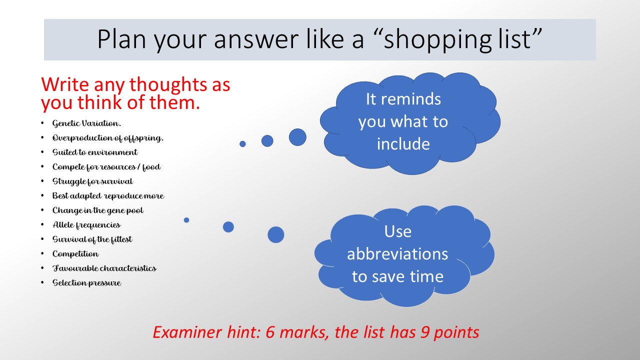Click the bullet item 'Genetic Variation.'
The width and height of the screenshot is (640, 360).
(x=86, y=123)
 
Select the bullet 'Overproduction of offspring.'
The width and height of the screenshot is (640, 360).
(x=107, y=138)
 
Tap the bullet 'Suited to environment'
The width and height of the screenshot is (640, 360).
(x=95, y=152)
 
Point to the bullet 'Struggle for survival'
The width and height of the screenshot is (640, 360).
(x=92, y=181)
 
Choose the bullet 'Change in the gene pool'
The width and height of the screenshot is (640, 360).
(x=97, y=210)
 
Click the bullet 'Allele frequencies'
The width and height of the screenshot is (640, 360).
(x=86, y=225)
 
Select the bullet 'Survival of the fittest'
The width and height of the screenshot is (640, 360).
(x=92, y=239)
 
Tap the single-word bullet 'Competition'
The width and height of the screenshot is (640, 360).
(x=75, y=254)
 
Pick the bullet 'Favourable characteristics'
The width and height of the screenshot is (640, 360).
(x=104, y=268)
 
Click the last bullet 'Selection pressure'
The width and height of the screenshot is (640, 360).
(x=86, y=283)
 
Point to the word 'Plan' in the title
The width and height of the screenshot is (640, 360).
(x=122, y=39)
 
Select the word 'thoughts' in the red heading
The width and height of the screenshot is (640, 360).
(x=168, y=84)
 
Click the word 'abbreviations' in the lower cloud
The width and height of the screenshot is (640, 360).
(x=397, y=253)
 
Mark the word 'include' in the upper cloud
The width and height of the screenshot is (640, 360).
(x=403, y=143)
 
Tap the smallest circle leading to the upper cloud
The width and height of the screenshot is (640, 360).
(x=242, y=144)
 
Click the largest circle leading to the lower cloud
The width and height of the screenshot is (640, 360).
(x=275, y=235)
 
